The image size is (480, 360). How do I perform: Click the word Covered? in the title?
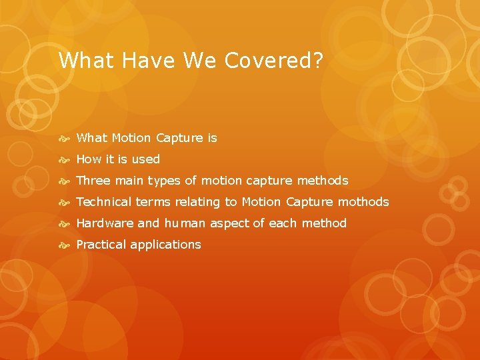274,61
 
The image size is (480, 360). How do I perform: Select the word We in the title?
198,61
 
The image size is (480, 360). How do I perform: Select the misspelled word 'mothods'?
364,202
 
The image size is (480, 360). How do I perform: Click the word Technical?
104,202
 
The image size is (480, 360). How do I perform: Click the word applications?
165,245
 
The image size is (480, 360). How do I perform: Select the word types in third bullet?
164,181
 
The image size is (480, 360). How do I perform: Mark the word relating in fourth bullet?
197,202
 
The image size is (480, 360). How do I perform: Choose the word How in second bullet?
87,159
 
